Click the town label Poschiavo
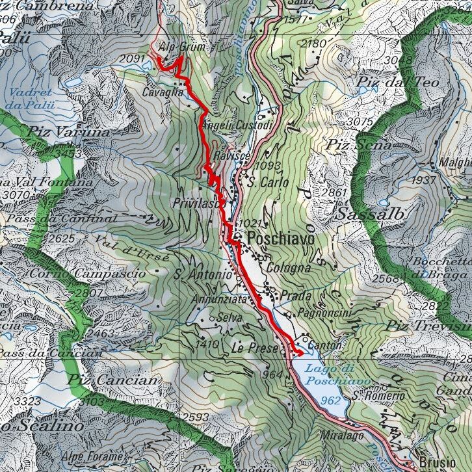(x=280, y=239)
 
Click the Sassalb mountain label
(x=371, y=214)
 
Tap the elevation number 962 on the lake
(x=331, y=400)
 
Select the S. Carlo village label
(x=269, y=183)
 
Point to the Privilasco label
(x=195, y=203)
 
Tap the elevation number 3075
(x=360, y=122)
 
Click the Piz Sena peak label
(x=360, y=144)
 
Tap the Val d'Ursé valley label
(x=132, y=248)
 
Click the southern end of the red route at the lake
(x=298, y=353)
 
